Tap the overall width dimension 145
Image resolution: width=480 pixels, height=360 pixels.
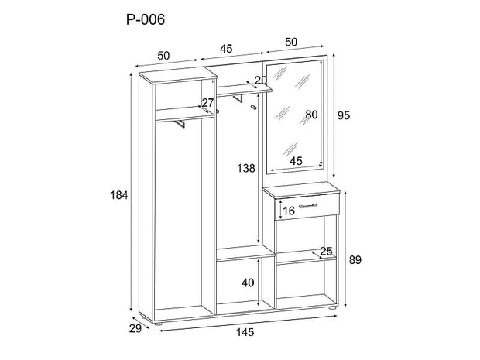(x=245, y=334)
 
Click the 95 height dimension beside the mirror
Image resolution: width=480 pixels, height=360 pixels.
(x=345, y=115)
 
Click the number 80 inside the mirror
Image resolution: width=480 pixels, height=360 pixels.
(x=312, y=115)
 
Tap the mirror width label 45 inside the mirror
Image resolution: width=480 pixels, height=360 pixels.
(x=296, y=161)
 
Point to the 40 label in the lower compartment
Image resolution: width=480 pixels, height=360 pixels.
(x=248, y=283)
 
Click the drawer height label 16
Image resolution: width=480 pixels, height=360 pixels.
(x=287, y=211)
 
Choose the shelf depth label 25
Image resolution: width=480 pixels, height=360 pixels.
(x=326, y=251)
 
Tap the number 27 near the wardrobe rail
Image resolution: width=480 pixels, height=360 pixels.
(x=207, y=103)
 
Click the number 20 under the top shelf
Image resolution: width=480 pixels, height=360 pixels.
(x=260, y=81)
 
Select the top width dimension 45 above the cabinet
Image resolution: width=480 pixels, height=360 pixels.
(x=226, y=48)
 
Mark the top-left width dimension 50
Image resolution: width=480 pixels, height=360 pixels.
(x=163, y=55)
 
